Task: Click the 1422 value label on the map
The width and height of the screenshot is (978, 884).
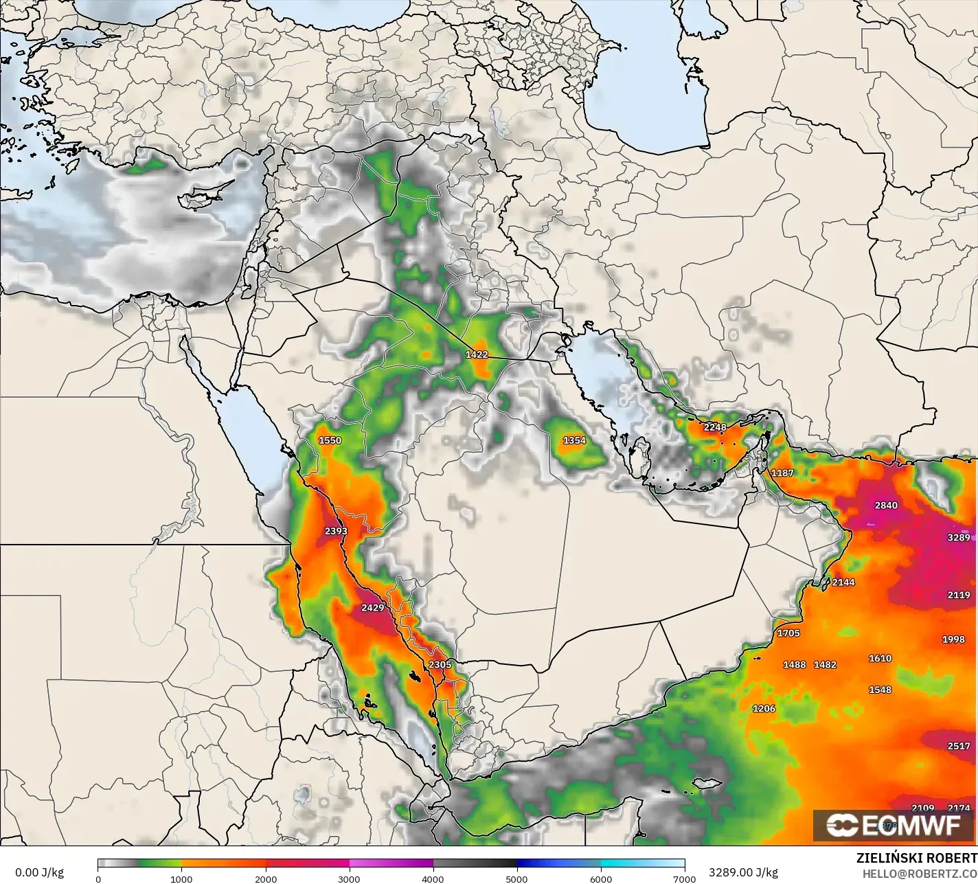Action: (x=477, y=354)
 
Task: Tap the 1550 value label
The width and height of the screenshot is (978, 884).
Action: (x=330, y=440)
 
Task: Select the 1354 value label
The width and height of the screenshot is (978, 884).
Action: (x=574, y=440)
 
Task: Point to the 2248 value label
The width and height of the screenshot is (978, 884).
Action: (x=715, y=427)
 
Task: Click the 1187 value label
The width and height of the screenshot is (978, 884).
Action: (x=782, y=473)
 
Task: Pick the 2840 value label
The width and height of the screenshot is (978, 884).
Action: (x=886, y=506)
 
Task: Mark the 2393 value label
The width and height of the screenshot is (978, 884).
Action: (x=336, y=531)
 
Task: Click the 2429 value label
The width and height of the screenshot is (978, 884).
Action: (x=373, y=608)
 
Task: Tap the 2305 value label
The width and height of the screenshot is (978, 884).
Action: (x=440, y=665)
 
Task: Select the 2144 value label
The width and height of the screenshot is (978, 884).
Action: (x=843, y=582)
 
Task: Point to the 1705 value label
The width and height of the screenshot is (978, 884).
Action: (x=788, y=633)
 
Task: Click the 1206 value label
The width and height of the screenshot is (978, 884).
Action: (x=764, y=709)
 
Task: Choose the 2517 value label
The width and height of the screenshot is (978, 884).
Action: (x=959, y=746)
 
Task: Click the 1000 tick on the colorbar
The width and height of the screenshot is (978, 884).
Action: (x=181, y=879)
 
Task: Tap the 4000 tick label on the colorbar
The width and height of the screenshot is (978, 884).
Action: (x=433, y=879)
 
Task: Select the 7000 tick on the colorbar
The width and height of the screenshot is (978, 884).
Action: (x=684, y=879)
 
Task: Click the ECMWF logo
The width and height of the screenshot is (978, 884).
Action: (x=894, y=826)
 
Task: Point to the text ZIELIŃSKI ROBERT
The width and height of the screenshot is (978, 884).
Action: (x=916, y=858)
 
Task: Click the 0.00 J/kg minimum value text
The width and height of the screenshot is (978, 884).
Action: (x=39, y=872)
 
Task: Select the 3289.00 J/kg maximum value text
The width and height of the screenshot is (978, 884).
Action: (x=743, y=872)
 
